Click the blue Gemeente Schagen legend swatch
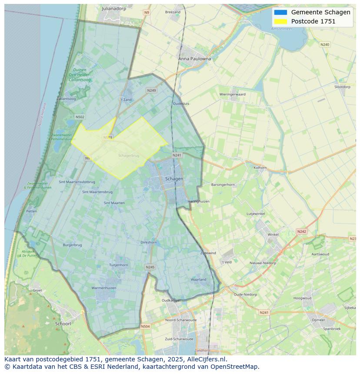pyautogui.click(x=281, y=12)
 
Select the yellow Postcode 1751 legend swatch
pyautogui.click(x=281, y=21)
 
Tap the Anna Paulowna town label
pyautogui.click(x=194, y=59)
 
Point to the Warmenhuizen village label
pyautogui.click(x=103, y=288)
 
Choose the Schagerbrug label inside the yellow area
pyautogui.click(x=129, y=156)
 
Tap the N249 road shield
pyautogui.click(x=151, y=90)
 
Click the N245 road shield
pyautogui.click(x=150, y=267)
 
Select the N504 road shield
pyautogui.click(x=145, y=326)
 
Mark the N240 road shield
pyautogui.click(x=325, y=44)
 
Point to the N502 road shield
pyautogui.click(x=80, y=117)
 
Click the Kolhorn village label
pyautogui.click(x=260, y=167)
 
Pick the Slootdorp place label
pyautogui.click(x=342, y=87)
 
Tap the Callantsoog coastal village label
pyautogui.click(x=66, y=99)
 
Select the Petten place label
pyautogui.click(x=31, y=211)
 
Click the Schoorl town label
pyautogui.click(x=63, y=324)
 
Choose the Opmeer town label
pyautogui.click(x=318, y=320)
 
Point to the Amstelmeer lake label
pyautogui.click(x=294, y=29)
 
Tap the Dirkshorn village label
pyautogui.click(x=149, y=242)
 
